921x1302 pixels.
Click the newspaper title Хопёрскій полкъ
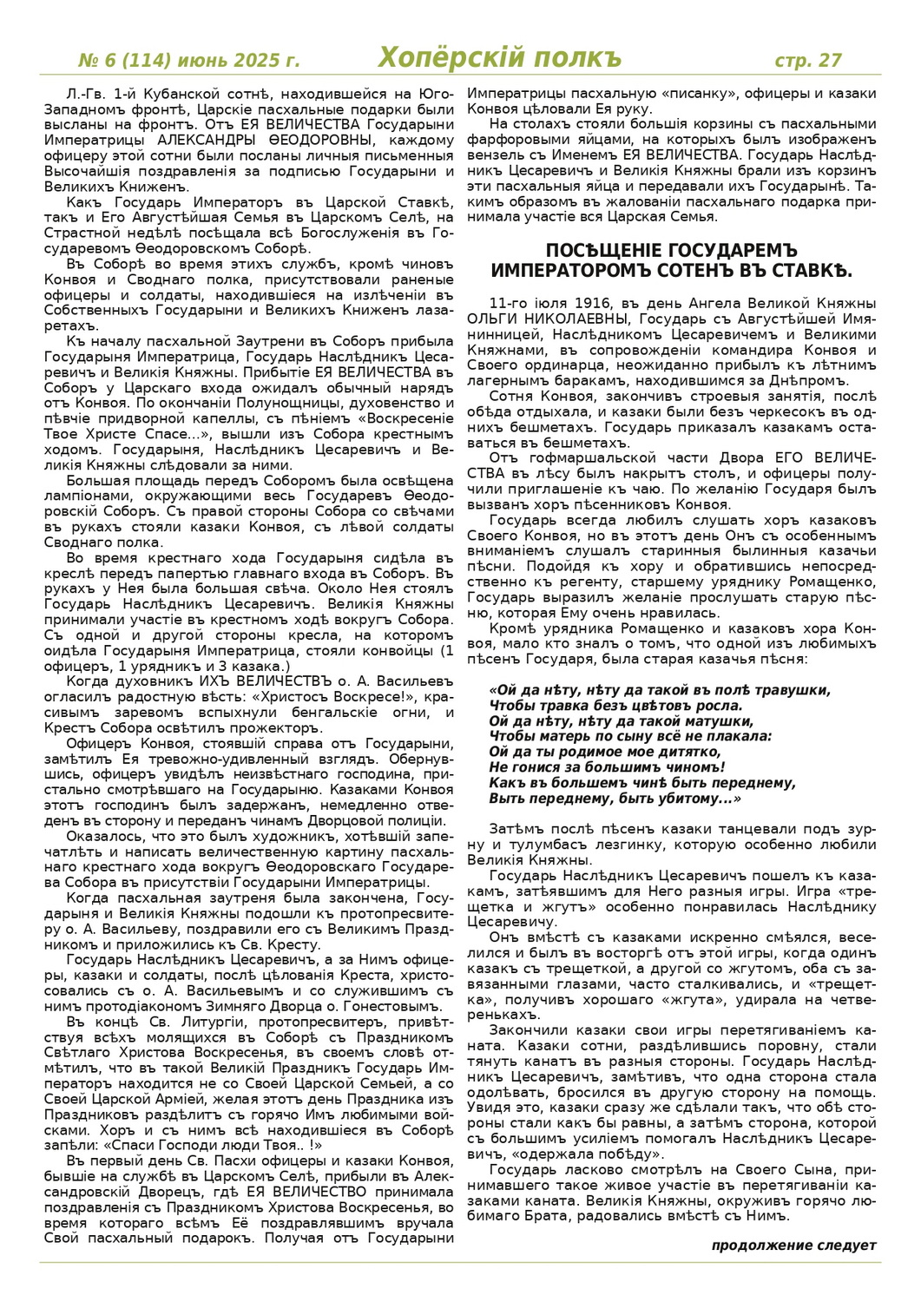tap(500, 58)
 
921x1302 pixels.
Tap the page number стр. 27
tap(807, 60)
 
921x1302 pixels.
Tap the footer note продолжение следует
tap(793, 1245)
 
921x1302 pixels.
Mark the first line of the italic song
tap(660, 690)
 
